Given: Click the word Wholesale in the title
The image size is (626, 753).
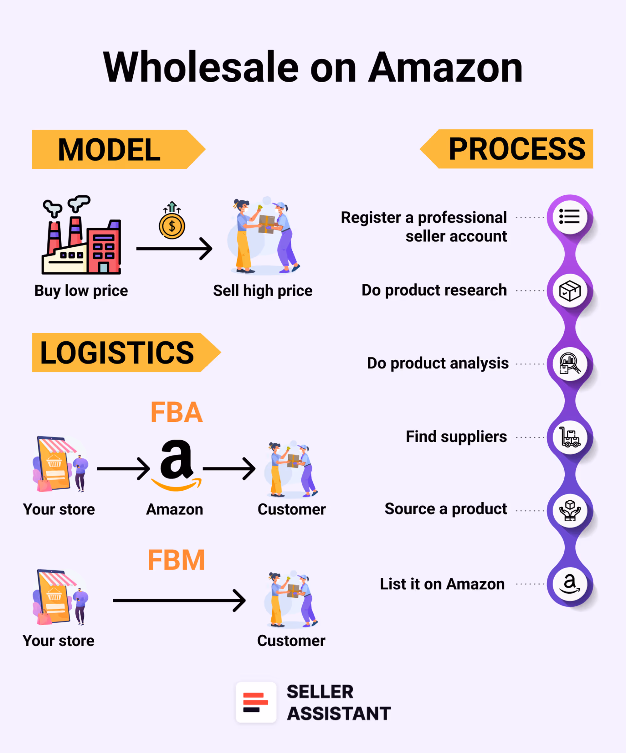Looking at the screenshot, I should [x=201, y=67].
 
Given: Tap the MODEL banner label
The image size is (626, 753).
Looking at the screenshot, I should [x=109, y=150].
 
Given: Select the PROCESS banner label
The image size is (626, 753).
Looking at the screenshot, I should [x=517, y=149].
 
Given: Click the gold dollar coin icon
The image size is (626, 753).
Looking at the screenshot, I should [x=172, y=226].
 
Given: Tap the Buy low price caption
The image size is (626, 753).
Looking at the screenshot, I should [x=81, y=291].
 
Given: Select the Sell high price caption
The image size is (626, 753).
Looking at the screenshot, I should [x=262, y=291].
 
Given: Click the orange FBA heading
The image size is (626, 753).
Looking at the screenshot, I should [x=177, y=412].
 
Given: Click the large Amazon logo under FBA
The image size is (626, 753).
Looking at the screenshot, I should [x=176, y=465].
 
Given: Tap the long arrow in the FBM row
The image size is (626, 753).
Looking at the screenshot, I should [x=179, y=600].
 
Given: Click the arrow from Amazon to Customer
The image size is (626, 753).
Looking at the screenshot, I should [x=229, y=468].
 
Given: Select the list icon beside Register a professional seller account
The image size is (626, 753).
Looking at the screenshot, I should [x=569, y=217].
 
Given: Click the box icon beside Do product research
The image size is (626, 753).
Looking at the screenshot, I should [x=569, y=291].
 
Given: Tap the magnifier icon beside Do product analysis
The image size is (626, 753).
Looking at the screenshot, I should [x=569, y=364].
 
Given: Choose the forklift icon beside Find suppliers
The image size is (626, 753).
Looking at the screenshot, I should [x=569, y=437].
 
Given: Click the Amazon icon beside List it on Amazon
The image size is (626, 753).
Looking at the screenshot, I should [x=569, y=584].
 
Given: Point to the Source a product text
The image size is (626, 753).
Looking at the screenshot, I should [x=446, y=509].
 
